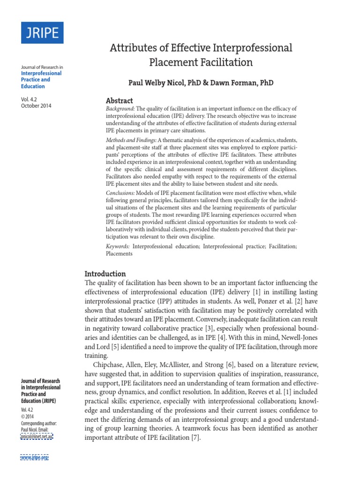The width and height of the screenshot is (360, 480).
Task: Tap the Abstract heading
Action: point(120,101)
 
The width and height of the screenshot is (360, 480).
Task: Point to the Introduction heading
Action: point(105,274)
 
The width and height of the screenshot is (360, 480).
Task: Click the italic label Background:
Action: point(120,109)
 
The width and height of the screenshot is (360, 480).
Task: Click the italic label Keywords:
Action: point(118,246)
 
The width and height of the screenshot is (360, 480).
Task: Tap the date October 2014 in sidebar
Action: point(36,106)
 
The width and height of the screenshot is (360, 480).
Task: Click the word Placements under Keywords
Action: point(119,254)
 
